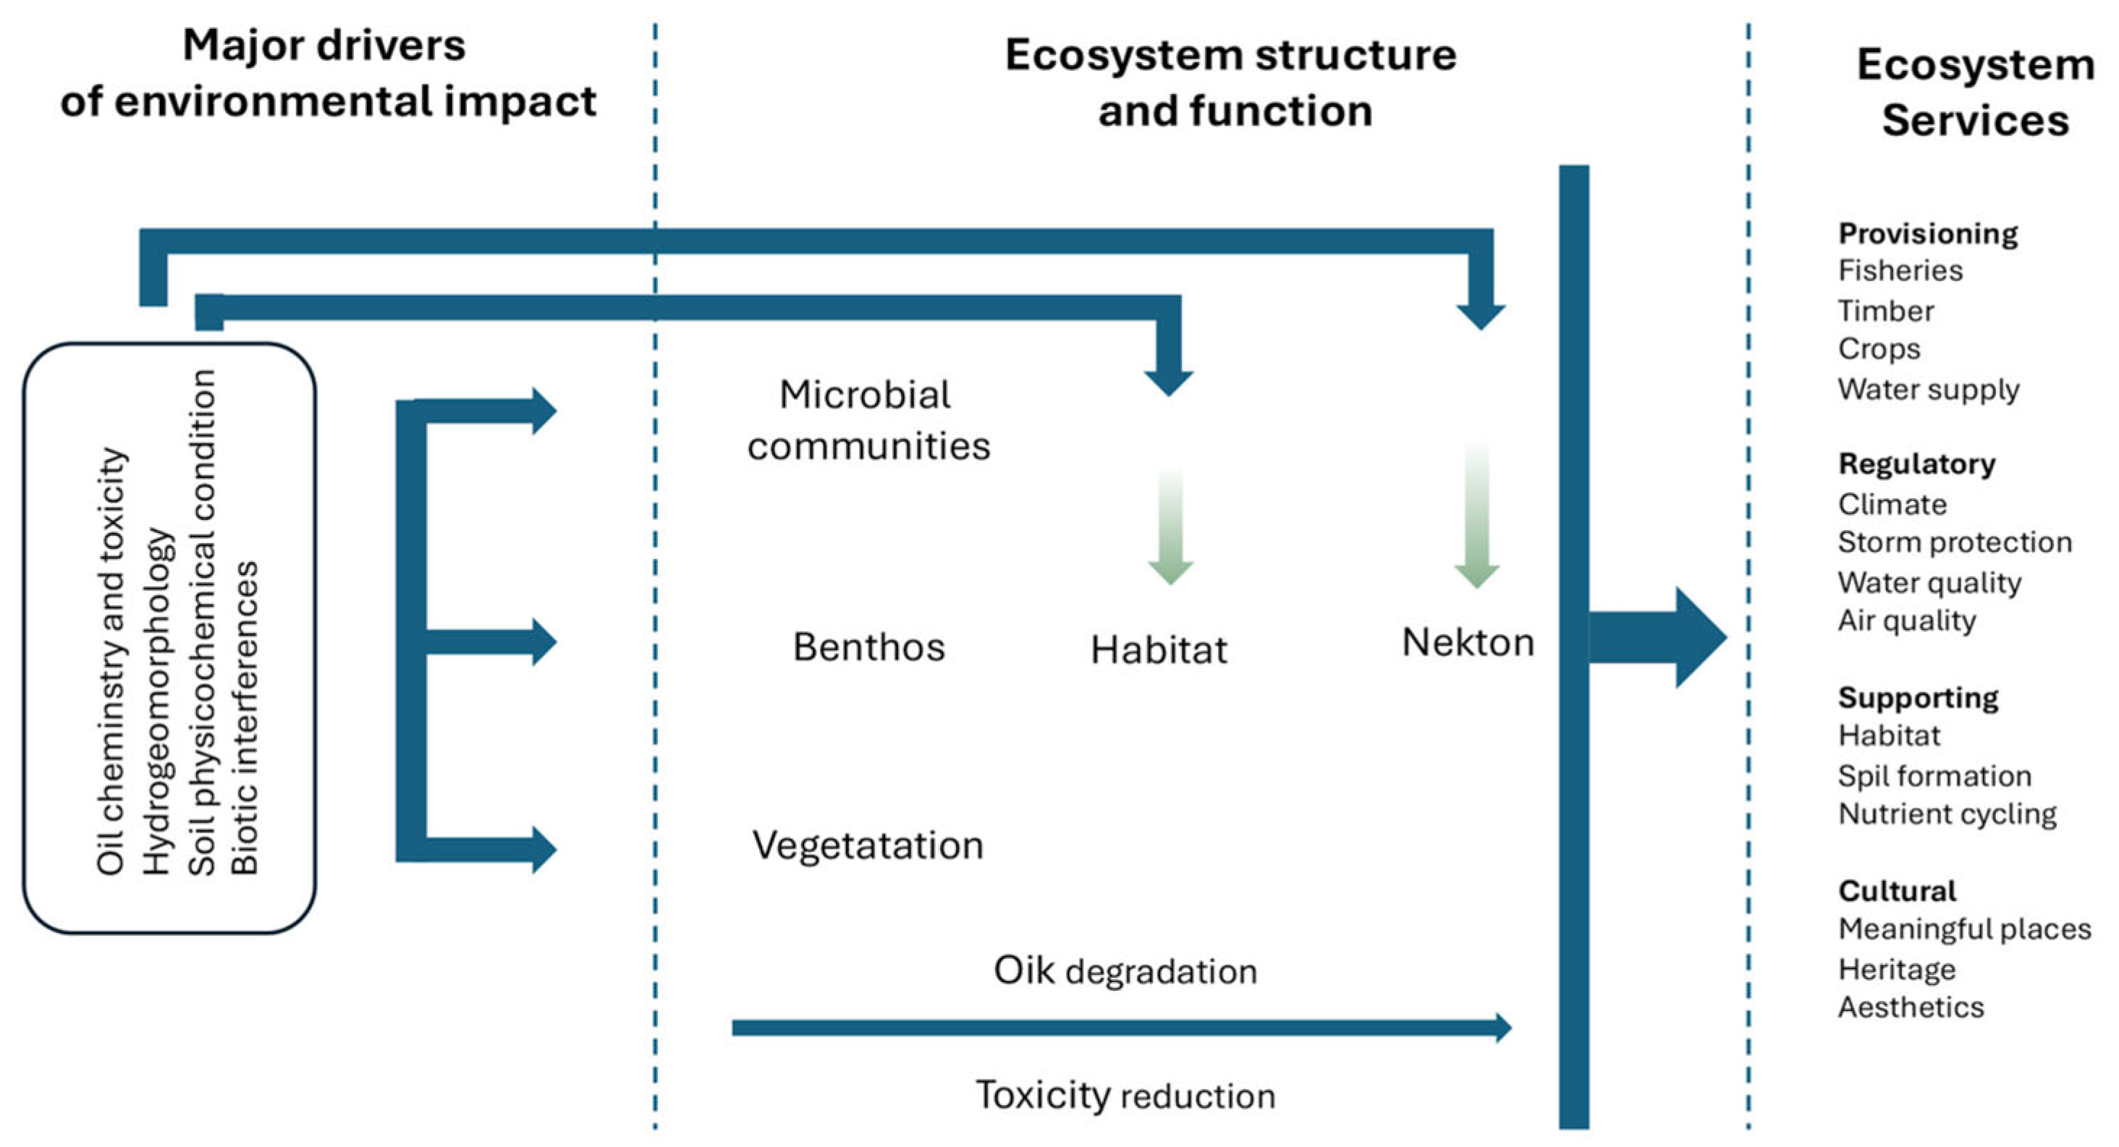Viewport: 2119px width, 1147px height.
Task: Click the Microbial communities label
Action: point(868,420)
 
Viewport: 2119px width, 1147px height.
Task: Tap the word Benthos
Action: point(868,647)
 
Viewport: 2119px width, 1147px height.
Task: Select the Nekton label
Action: point(1468,643)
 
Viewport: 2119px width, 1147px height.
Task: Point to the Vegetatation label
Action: point(868,845)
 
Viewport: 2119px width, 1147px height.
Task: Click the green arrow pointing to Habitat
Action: point(1170,526)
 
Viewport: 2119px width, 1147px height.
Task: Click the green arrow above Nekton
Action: point(1476,518)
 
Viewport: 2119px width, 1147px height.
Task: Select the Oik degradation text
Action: point(1125,971)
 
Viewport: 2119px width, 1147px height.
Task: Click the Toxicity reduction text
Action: point(1125,1095)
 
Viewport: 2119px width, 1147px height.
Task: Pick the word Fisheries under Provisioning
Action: point(1900,270)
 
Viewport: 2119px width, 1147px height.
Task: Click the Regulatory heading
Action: point(1916,464)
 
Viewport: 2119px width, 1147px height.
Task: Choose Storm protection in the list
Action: point(1955,542)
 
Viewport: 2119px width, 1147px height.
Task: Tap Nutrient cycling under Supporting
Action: point(1946,814)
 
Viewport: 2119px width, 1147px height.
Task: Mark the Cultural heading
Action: point(1896,890)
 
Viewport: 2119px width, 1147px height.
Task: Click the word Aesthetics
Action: point(1910,1007)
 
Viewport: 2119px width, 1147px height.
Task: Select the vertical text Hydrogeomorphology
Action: point(157,701)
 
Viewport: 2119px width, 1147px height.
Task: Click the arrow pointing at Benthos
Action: point(494,641)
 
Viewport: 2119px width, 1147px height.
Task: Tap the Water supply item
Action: point(1928,389)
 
